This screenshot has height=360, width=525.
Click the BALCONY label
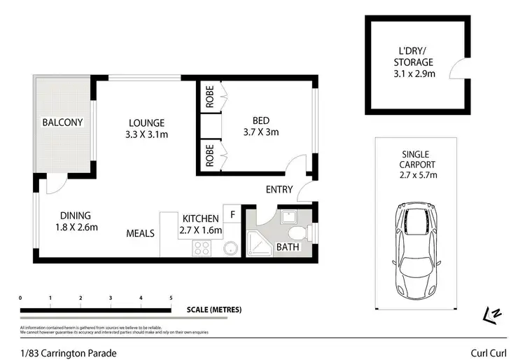(x=62, y=123)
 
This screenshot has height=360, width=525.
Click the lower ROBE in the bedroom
(x=209, y=155)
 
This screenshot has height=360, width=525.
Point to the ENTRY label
(x=279, y=189)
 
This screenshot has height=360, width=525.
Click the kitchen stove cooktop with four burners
(x=202, y=247)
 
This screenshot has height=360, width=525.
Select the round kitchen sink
(x=230, y=248)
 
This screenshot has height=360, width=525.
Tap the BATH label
(x=288, y=248)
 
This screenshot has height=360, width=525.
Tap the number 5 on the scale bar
(x=171, y=298)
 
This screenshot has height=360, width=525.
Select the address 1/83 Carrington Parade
(x=68, y=353)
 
